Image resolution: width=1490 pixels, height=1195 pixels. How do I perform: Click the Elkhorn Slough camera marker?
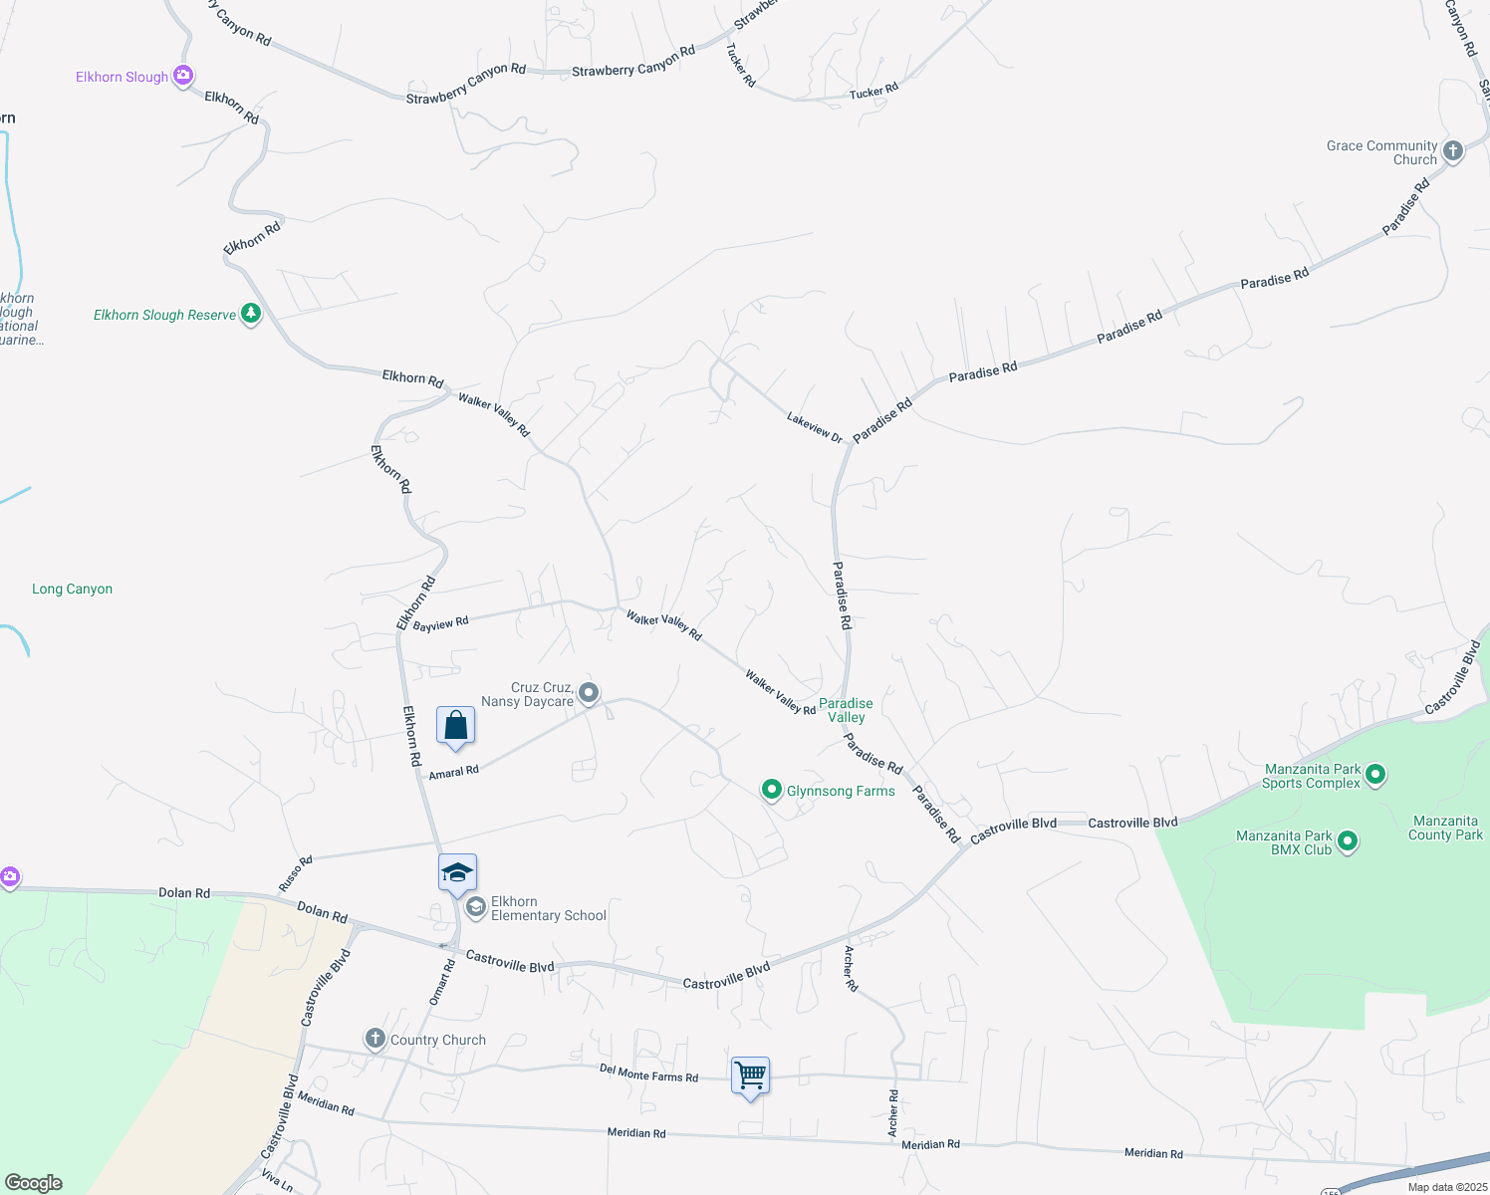click(x=182, y=76)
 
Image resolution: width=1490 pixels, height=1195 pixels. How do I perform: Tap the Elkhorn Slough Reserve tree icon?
click(x=251, y=315)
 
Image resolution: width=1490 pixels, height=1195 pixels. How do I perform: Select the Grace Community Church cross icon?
click(x=1453, y=151)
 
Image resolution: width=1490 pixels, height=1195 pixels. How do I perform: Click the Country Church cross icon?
click(x=374, y=1040)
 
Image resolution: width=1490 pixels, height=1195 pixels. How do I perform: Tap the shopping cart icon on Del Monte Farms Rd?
click(x=750, y=1076)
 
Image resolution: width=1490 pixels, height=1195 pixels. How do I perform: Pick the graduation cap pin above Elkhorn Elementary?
click(x=457, y=873)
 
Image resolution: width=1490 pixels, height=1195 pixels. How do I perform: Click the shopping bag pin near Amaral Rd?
click(x=455, y=726)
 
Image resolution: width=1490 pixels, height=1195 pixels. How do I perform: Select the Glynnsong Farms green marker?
click(x=771, y=791)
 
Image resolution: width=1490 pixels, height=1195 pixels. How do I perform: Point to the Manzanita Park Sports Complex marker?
click(x=1375, y=774)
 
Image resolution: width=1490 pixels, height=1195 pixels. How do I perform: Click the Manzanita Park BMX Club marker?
click(x=1348, y=841)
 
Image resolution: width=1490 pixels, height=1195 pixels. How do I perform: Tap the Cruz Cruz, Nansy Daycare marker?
click(x=589, y=692)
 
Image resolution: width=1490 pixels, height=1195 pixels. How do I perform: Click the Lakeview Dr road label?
click(x=814, y=427)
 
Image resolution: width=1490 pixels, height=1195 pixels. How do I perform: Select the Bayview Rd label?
click(x=440, y=624)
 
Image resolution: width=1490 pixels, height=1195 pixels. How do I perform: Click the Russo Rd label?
click(x=296, y=873)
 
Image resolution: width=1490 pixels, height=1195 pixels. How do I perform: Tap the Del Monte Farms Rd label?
click(x=648, y=1073)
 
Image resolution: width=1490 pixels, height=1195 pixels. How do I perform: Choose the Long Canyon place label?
click(x=72, y=590)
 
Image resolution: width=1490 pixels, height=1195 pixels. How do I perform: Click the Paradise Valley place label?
click(x=846, y=710)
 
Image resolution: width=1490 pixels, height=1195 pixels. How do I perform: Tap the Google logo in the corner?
click(x=33, y=1183)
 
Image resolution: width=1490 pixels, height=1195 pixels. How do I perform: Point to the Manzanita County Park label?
click(x=1445, y=828)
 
